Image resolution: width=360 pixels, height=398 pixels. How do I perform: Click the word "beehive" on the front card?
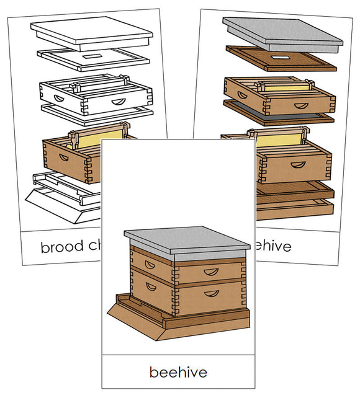coord(178,372)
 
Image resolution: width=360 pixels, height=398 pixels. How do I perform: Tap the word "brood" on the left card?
coord(61,247)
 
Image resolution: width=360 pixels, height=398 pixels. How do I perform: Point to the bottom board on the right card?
coord(298,198)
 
